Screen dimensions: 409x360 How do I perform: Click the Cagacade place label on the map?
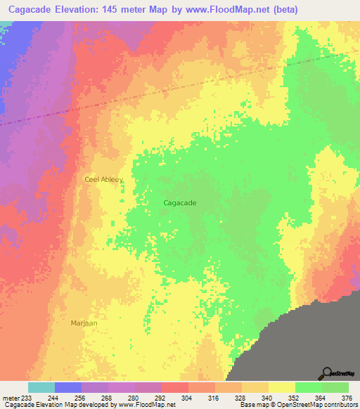(179, 202)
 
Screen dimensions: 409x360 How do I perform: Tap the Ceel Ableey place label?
(103, 179)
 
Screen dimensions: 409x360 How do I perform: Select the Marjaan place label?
(84, 323)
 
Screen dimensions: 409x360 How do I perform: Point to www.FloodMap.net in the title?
(218, 10)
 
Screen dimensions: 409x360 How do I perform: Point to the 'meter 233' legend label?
(14, 398)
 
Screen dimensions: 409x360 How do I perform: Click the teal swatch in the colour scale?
(41, 388)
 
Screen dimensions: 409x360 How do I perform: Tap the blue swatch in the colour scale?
(67, 388)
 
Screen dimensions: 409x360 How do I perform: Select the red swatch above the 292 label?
(174, 388)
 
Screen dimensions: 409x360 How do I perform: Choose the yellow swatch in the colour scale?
(281, 388)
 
